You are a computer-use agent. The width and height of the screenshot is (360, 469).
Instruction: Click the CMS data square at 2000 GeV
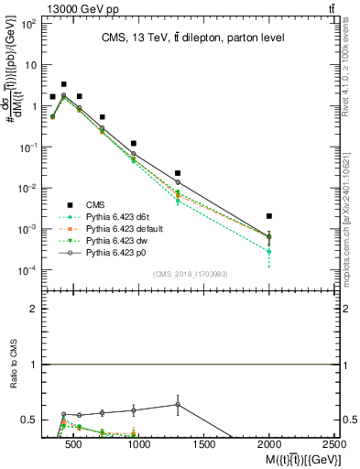pyautogui.click(x=268, y=216)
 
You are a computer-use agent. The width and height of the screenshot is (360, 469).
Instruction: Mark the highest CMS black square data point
pyautogui.click(x=63, y=84)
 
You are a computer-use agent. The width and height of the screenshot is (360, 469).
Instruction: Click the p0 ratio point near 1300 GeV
pyautogui.click(x=178, y=404)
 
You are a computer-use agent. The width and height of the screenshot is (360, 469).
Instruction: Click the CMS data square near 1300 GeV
pyautogui.click(x=178, y=173)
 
